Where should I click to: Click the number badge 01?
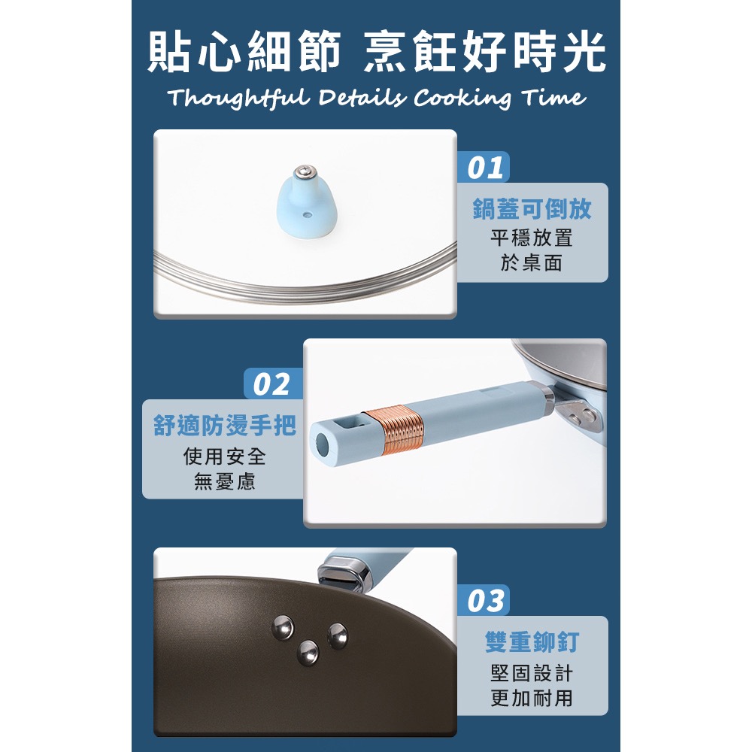click(484, 168)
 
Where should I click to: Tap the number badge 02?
click(271, 384)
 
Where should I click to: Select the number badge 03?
click(484, 601)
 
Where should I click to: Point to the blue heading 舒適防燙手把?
click(224, 426)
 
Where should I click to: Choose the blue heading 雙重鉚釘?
click(532, 642)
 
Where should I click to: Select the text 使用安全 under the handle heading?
click(224, 456)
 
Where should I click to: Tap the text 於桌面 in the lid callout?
click(532, 262)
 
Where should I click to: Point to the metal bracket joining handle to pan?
click(575, 409)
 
